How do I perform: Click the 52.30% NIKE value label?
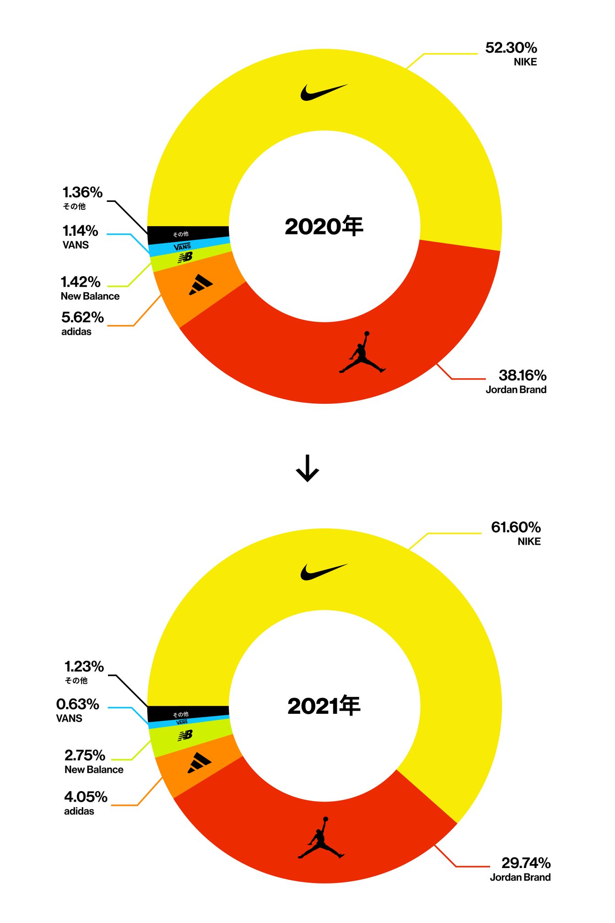pyautogui.click(x=511, y=48)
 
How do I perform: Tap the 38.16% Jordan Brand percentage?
pyautogui.click(x=522, y=375)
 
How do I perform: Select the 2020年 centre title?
pyautogui.click(x=324, y=226)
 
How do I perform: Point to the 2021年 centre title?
pyautogui.click(x=324, y=706)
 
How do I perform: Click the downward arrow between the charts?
pyautogui.click(x=307, y=468)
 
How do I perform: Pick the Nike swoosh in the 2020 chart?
pyautogui.click(x=324, y=92)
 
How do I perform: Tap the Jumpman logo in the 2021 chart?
pyautogui.click(x=321, y=838)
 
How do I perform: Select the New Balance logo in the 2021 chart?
pyautogui.click(x=185, y=735)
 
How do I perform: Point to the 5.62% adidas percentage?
pyautogui.click(x=82, y=317)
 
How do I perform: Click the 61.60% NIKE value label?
pyautogui.click(x=516, y=527)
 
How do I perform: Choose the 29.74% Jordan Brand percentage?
pyautogui.click(x=526, y=863)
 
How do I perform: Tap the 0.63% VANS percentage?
pyautogui.click(x=77, y=704)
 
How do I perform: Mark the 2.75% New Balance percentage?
pyautogui.click(x=85, y=755)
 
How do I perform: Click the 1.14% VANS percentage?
pyautogui.click(x=80, y=231)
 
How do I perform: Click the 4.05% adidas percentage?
pyautogui.click(x=86, y=797)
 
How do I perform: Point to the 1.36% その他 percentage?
pyautogui.click(x=82, y=192)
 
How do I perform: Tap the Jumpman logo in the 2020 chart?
pyautogui.click(x=362, y=353)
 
